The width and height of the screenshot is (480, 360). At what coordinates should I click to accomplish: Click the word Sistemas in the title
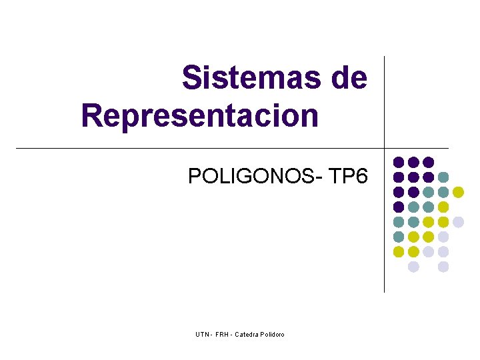coord(252,78)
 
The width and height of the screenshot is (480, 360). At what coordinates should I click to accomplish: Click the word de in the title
coord(349,78)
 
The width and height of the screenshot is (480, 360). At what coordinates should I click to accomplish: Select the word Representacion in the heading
coord(200,115)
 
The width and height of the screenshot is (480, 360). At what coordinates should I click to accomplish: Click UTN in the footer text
coord(203,334)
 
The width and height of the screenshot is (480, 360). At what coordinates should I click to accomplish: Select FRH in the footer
coord(222,334)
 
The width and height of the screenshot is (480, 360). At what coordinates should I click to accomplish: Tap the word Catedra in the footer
coord(246,334)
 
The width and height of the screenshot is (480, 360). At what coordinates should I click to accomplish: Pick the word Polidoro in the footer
coord(272,334)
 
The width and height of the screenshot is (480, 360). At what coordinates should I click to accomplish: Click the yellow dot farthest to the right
coord(458,192)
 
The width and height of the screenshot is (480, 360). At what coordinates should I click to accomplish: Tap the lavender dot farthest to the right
coord(458,222)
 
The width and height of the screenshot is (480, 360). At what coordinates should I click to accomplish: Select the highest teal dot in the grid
coord(443,177)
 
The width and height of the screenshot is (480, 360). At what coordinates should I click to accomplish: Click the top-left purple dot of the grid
coord(399,162)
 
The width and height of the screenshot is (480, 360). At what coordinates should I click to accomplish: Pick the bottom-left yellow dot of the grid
coord(399,251)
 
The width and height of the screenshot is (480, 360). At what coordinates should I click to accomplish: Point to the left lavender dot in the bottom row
coord(413,267)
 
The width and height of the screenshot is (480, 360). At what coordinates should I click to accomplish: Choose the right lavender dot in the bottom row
coord(443,267)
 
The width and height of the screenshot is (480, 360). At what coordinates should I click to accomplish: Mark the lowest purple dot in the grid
coord(399,207)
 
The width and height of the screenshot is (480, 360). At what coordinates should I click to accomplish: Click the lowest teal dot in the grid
coord(399,237)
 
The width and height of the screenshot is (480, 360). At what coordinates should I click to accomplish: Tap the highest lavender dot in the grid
coord(458,222)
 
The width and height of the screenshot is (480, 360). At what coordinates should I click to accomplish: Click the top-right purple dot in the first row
coord(429,162)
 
